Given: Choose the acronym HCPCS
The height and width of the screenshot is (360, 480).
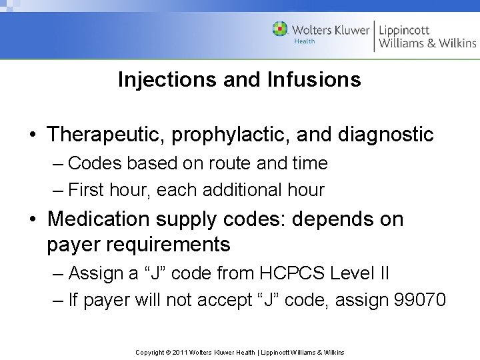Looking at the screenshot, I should (299, 273).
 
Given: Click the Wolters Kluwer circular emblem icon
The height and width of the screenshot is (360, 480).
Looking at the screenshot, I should (281, 29).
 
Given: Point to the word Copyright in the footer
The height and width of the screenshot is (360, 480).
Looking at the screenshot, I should (149, 352).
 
